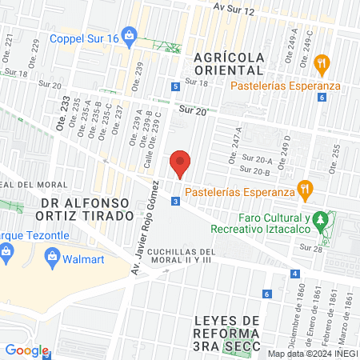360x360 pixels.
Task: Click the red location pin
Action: click(x=181, y=163)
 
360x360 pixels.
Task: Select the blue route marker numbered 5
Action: click(x=175, y=87)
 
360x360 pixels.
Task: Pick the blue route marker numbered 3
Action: click(x=174, y=202)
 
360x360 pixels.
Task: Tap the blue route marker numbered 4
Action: click(x=296, y=274)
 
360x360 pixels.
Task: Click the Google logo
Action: click(x=26, y=350)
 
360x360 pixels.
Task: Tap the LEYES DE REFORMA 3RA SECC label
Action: click(x=228, y=332)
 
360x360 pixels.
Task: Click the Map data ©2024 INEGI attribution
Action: click(x=311, y=354)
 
